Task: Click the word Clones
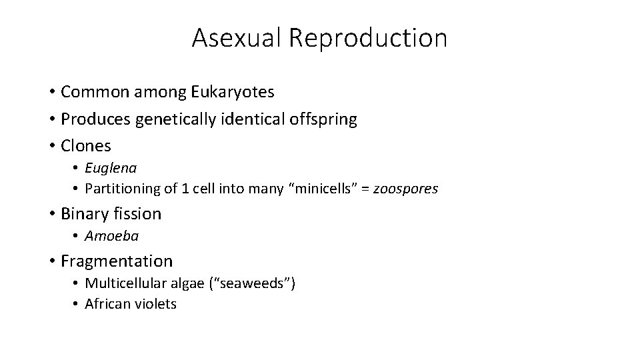pos(86,145)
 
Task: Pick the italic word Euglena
pos(111,168)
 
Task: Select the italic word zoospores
pos(405,189)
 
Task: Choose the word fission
pos(137,214)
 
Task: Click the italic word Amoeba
pos(111,236)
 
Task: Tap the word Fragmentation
pos(117,261)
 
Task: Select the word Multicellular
pos(126,283)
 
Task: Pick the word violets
pos(155,304)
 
